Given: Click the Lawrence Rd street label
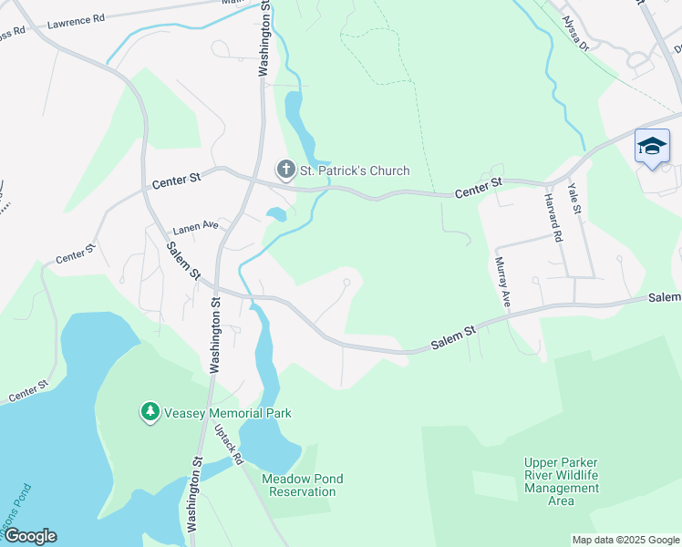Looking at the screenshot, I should click(x=76, y=21).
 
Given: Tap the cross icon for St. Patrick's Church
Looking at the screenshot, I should click(x=284, y=170).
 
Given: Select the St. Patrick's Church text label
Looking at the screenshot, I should click(x=354, y=170).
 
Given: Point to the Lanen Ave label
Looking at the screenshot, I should click(x=197, y=224).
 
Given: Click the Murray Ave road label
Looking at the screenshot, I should click(x=501, y=280).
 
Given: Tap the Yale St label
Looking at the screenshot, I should click(x=574, y=198).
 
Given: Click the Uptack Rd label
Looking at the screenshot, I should click(x=228, y=444).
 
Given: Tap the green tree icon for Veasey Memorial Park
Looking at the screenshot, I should click(x=150, y=413).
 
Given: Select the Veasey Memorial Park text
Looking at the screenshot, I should click(x=228, y=413).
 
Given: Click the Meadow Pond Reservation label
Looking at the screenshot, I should click(x=299, y=485).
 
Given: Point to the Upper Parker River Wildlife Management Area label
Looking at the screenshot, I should click(x=562, y=481).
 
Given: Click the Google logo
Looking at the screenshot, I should click(x=29, y=536).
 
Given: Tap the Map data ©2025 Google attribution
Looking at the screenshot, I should click(x=625, y=540).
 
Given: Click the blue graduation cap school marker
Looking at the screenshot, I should click(x=652, y=147).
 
